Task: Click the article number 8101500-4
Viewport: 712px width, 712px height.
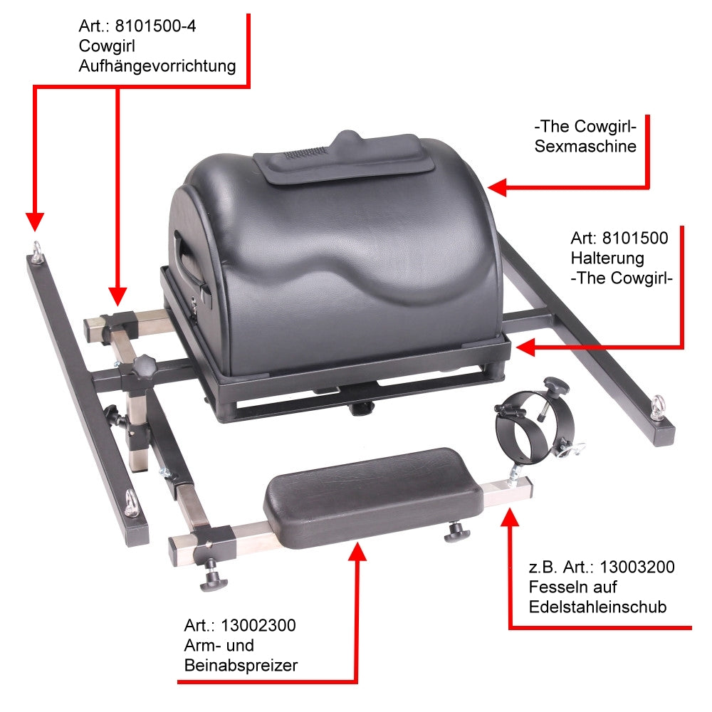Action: [155, 26]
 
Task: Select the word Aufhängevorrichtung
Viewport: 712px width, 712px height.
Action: [157, 66]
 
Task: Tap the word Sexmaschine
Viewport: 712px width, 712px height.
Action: [585, 146]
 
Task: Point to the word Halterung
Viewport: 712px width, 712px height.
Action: [607, 258]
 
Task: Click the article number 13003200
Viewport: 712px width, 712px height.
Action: [637, 567]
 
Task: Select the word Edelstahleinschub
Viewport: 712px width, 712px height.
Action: [597, 607]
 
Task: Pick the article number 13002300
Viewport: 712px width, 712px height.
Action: [258, 625]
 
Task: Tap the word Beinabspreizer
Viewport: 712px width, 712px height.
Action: [241, 665]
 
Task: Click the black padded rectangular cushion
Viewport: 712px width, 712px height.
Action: [373, 497]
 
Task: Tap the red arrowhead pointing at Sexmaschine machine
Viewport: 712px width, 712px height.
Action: [497, 187]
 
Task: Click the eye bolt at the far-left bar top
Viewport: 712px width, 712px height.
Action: [36, 251]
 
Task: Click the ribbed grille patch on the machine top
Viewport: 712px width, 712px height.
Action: [305, 152]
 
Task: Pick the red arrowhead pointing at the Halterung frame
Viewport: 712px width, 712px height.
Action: [526, 348]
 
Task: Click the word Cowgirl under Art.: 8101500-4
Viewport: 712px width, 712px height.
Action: [107, 46]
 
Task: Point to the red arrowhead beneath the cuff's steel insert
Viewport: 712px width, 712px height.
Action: [510, 518]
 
